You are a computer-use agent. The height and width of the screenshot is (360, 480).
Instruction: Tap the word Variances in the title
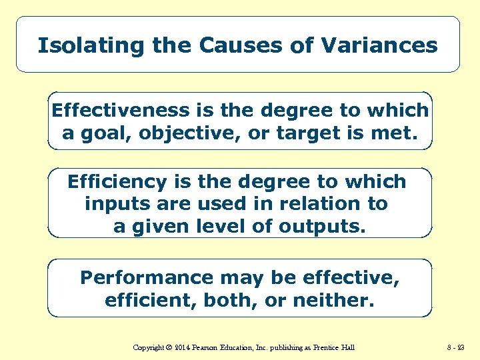(x=379, y=45)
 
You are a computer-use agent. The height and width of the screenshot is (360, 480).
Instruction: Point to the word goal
(x=109, y=133)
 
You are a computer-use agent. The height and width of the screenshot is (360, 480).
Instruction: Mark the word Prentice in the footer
(x=323, y=347)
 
